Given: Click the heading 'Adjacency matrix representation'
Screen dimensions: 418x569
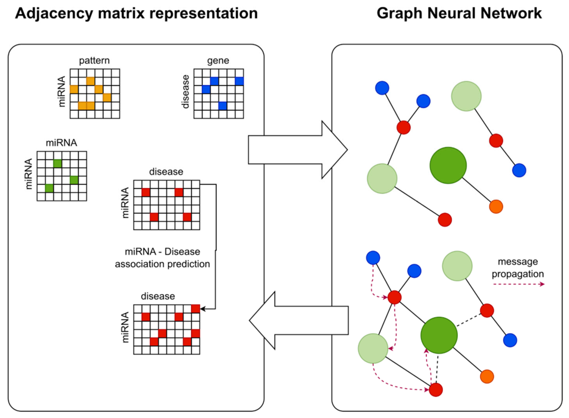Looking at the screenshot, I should coord(136,13).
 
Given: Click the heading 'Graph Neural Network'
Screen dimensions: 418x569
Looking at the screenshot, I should coord(459,13).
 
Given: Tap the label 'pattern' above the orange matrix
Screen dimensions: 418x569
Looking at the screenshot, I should coord(94,61).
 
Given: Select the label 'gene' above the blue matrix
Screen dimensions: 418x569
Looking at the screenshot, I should coord(218,61).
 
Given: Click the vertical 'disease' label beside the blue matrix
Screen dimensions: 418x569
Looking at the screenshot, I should coord(186,92).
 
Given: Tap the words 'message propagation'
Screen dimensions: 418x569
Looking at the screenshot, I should coord(518,268).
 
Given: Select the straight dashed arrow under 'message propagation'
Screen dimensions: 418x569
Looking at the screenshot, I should coord(518,284).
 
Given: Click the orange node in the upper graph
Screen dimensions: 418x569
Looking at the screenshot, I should coord(496,207).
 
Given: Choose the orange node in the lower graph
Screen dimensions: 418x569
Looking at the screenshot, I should coord(487,377).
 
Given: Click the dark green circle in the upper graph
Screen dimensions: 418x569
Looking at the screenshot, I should coord(448,165).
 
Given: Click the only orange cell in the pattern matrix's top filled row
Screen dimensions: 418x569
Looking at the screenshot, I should coord(90,81).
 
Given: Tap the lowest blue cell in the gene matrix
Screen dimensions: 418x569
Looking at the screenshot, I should coord(223,106).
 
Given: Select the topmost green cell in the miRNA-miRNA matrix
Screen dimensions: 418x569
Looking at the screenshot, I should coord(58,163).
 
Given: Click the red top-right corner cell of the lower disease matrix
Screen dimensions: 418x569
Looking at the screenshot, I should coord(196,309).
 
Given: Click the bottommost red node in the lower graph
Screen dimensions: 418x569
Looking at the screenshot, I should coord(436,389).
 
